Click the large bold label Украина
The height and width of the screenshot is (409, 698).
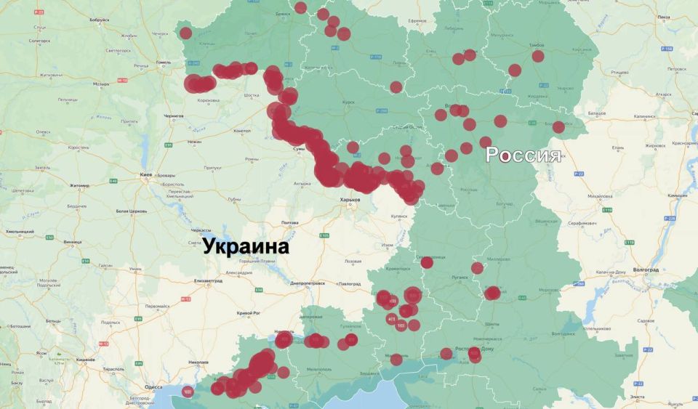[245, 246]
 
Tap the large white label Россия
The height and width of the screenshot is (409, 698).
[523, 155]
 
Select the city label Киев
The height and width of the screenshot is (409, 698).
[146, 175]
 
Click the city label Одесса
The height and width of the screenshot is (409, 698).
[153, 387]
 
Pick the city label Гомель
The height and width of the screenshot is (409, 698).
[163, 62]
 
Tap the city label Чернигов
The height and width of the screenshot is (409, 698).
[174, 116]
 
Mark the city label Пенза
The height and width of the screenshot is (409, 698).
[662, 17]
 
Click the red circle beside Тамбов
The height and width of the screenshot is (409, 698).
[538, 56]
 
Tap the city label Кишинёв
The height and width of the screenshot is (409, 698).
[87, 360]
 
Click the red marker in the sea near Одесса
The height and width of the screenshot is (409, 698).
[188, 392]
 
